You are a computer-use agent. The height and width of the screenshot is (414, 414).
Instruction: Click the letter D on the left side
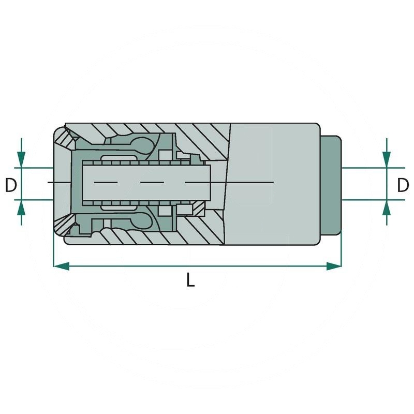pyautogui.click(x=11, y=184)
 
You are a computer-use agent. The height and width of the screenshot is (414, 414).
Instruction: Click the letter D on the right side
pyautogui.click(x=403, y=184)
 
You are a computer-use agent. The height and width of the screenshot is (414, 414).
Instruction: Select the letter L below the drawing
pyautogui.click(x=190, y=280)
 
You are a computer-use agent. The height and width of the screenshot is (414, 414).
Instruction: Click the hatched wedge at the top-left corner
pyautogui.click(x=64, y=140)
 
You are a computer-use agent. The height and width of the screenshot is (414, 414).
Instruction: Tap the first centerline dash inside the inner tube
pyautogui.click(x=109, y=183)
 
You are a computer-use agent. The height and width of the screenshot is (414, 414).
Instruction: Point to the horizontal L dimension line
pyautogui.click(x=233, y=266)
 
